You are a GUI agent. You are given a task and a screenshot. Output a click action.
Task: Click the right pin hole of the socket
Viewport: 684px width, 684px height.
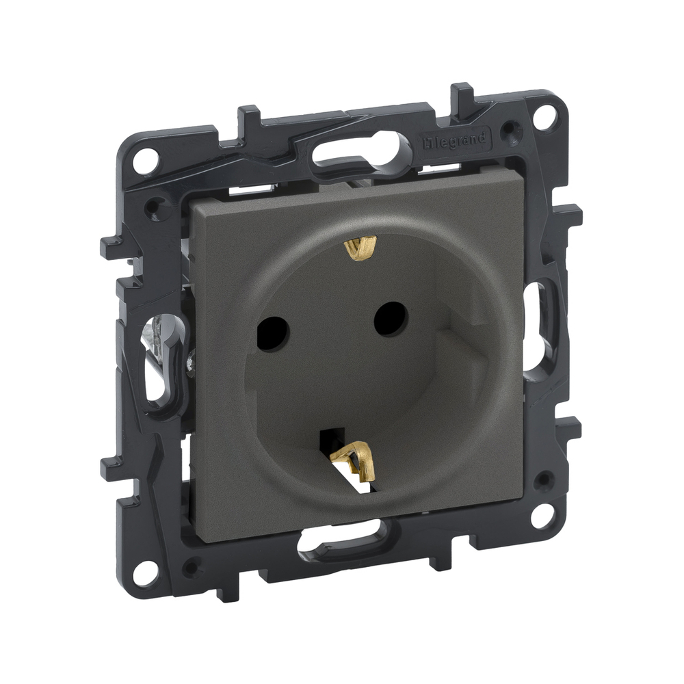click(x=391, y=319)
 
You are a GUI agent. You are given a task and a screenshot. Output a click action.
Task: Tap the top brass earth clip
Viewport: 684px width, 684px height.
click(x=360, y=246)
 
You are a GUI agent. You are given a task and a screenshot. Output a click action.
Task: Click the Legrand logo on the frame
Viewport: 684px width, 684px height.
click(x=456, y=142)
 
